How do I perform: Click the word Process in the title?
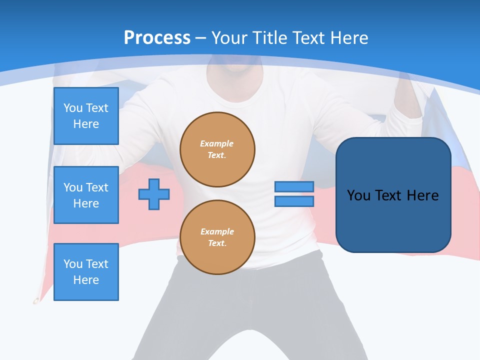pyautogui.click(x=157, y=38)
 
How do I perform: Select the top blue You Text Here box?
pyautogui.click(x=86, y=116)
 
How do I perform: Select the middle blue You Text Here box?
pyautogui.click(x=86, y=195)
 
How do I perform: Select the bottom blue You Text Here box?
pyautogui.click(x=86, y=271)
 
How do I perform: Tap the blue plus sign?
pyautogui.click(x=154, y=194)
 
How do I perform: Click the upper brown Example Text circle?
pyautogui.click(x=217, y=149)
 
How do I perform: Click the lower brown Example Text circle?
pyautogui.click(x=217, y=237)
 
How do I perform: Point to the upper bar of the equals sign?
pyautogui.click(x=294, y=186)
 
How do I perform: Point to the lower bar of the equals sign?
pyautogui.click(x=294, y=201)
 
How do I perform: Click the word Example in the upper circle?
pyautogui.click(x=217, y=143)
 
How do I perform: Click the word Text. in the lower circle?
pyautogui.click(x=217, y=243)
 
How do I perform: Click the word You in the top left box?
pyautogui.click(x=73, y=108)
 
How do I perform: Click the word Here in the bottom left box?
pyautogui.click(x=86, y=280)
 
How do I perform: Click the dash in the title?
pyautogui.click(x=200, y=38)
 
